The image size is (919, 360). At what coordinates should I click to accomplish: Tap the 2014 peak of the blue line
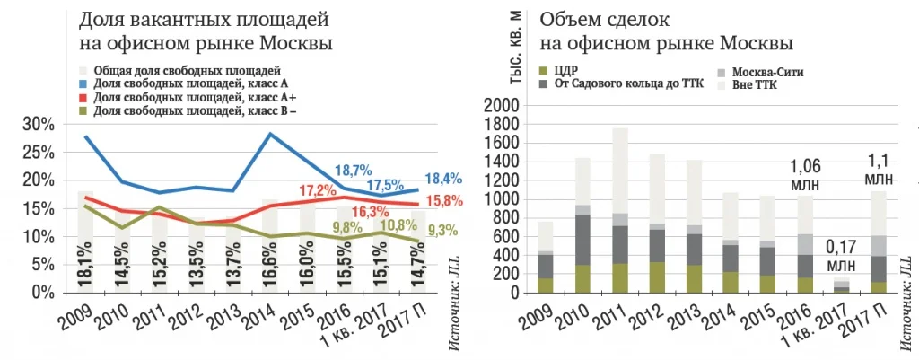click(270, 134)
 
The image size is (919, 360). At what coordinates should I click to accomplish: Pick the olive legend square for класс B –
click(83, 110)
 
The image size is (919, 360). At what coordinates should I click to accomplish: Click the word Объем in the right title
click(566, 20)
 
